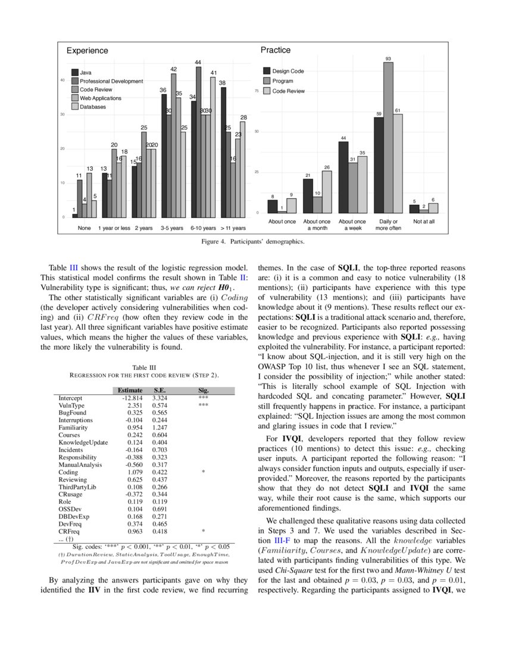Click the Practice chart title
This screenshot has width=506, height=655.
pos(276,51)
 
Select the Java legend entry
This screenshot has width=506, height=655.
pos(86,73)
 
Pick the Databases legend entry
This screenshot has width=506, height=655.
pos(92,107)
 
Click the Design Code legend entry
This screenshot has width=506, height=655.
pos(288,71)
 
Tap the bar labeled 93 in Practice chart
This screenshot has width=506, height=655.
pos(388,137)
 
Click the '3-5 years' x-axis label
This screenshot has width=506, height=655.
pos(172,228)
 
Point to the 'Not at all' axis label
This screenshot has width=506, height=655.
pos(424,222)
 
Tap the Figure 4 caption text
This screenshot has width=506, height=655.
pos(253,242)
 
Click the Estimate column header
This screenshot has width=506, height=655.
pos(130,391)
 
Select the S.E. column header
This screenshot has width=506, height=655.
pos(159,391)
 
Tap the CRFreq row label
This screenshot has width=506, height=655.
pos(69,531)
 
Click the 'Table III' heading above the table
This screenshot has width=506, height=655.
pos(143,367)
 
